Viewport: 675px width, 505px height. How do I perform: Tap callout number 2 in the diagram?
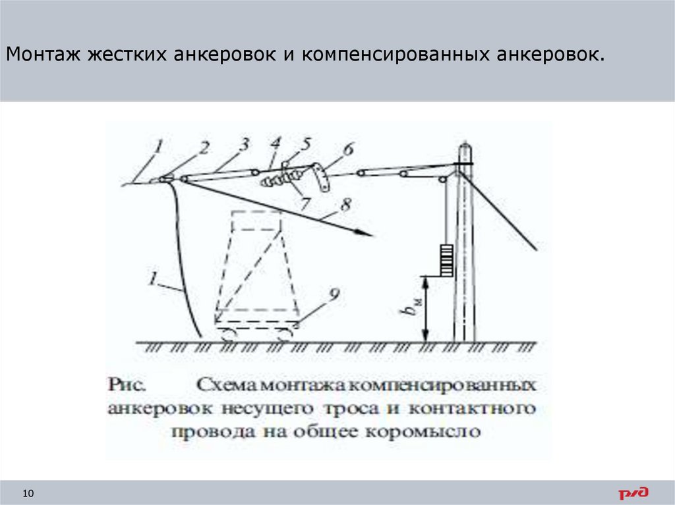pyautogui.click(x=204, y=149)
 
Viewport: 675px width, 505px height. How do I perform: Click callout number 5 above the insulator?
pyautogui.click(x=307, y=143)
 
